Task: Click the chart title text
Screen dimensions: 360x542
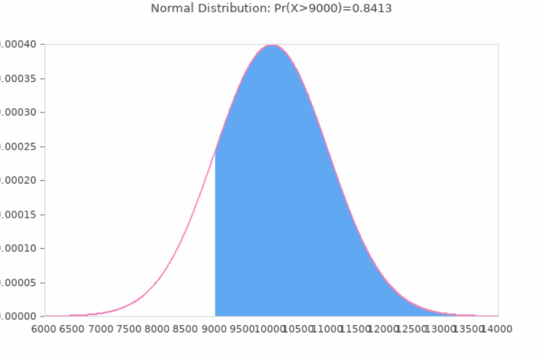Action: (x=271, y=8)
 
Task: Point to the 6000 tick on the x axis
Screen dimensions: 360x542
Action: (x=45, y=329)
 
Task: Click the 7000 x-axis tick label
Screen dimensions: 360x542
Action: (x=102, y=329)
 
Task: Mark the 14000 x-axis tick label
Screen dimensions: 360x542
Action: (x=497, y=329)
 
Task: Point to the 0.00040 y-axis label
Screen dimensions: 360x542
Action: (x=20, y=44)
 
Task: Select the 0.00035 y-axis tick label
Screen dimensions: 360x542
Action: (x=20, y=78)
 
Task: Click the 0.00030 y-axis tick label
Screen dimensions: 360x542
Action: (x=20, y=112)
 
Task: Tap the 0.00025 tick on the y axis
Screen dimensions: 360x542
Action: (x=20, y=147)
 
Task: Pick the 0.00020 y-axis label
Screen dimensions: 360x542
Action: (x=20, y=180)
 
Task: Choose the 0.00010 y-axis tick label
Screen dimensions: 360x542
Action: (x=20, y=248)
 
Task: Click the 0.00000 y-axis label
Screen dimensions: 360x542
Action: (x=20, y=316)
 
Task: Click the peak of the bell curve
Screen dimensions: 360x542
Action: (x=271, y=46)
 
